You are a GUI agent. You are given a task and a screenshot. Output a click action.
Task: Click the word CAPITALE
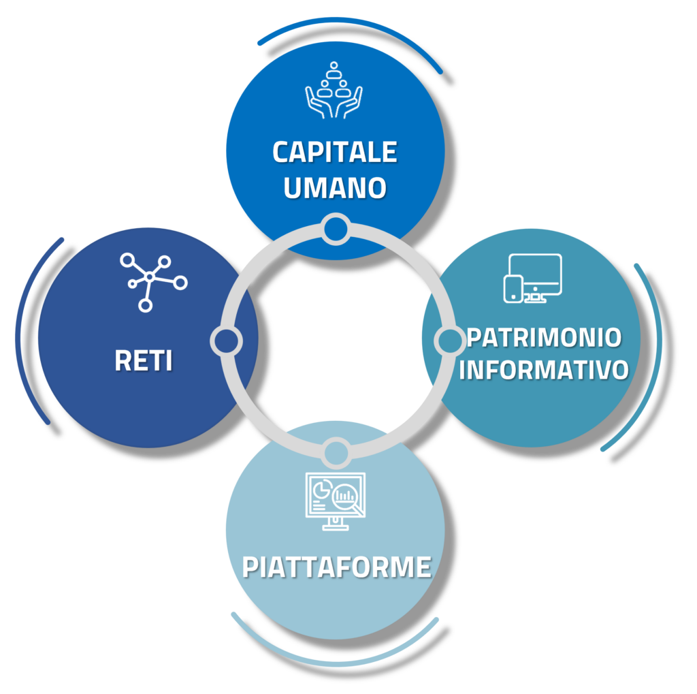click(334, 153)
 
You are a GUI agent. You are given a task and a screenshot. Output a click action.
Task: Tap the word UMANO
click(334, 187)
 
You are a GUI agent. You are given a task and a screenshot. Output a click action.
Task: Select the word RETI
click(143, 360)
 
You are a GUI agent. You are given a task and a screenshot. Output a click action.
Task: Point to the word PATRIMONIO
click(544, 337)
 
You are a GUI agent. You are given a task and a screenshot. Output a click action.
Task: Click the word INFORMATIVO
click(543, 370)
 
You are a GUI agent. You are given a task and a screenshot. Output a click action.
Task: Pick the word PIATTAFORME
click(336, 567)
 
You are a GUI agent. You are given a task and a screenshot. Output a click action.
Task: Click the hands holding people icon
click(334, 90)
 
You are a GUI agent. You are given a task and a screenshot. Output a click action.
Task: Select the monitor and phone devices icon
click(532, 278)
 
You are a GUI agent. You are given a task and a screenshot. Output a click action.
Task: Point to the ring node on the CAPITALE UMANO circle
click(335, 229)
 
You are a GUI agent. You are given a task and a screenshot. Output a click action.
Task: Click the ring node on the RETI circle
click(226, 340)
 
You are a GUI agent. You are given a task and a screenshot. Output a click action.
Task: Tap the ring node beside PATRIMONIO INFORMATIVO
click(447, 340)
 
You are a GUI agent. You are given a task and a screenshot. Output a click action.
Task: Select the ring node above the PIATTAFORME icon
click(336, 452)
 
